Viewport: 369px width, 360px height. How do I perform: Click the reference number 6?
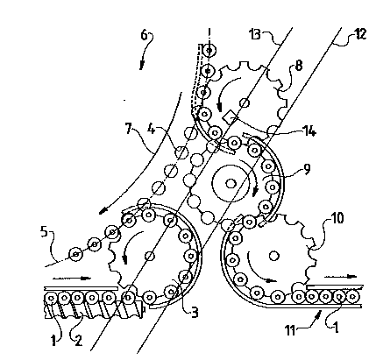[145, 35]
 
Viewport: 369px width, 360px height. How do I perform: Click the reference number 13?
[255, 34]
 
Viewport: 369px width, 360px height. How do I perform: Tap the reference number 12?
[360, 34]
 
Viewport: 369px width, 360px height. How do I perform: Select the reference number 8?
[299, 66]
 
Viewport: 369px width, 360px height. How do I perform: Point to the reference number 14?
[309, 132]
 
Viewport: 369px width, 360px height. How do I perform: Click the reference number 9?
[307, 169]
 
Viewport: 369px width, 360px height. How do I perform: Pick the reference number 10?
[337, 217]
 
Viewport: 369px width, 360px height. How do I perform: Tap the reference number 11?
[291, 331]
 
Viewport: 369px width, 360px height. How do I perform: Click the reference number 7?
[129, 129]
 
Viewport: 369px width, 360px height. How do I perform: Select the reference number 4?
[151, 129]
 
